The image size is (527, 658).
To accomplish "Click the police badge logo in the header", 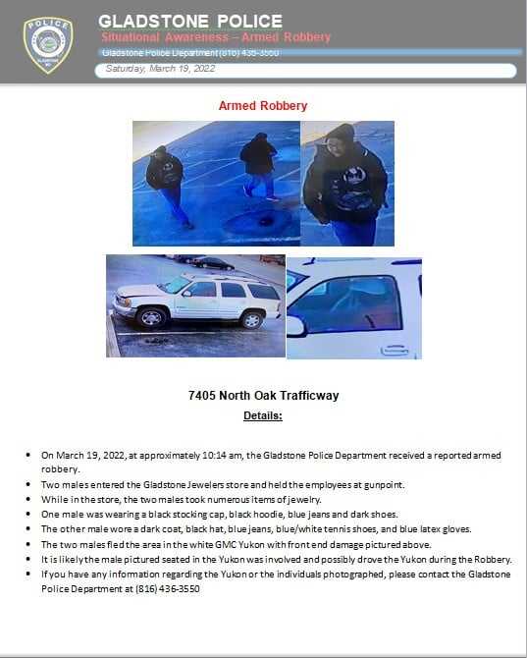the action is (x=47, y=44).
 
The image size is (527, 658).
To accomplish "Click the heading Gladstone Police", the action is (x=189, y=21).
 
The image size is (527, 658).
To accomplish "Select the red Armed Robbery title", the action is (x=262, y=106).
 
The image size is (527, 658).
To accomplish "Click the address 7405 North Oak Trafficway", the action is (x=263, y=396).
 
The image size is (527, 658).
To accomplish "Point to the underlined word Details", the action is (x=262, y=415).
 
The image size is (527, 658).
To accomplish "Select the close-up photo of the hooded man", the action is (x=346, y=183).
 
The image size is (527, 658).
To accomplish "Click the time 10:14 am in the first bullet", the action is (x=222, y=456).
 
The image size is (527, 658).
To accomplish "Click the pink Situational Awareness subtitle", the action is (x=216, y=37).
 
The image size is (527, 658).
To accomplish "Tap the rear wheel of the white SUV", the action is (x=252, y=319).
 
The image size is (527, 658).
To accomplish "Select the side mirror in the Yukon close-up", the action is (x=295, y=326).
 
